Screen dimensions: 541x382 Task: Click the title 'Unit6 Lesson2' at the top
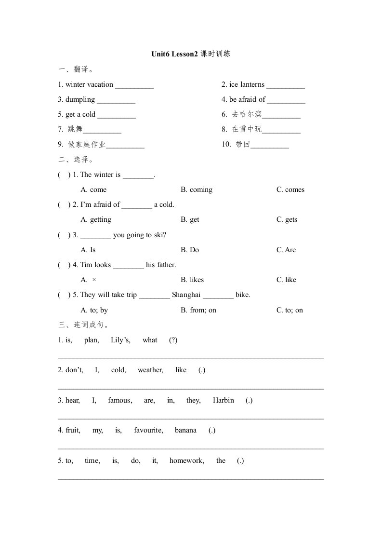point(174,54)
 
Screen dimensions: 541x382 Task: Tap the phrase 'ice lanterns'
point(247,84)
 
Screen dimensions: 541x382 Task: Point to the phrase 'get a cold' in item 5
point(80,114)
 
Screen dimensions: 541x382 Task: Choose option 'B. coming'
point(197,189)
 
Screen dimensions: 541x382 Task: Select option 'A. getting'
point(96,219)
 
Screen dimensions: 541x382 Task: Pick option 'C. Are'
point(286,250)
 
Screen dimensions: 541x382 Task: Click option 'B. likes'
point(192,280)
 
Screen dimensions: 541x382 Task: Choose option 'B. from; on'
point(198,310)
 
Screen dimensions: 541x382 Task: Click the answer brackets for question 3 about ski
point(64,235)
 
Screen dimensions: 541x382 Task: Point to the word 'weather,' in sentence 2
point(150,370)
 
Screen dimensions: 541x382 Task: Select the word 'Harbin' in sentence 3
point(223,400)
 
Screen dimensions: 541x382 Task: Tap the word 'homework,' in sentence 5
point(186,460)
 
